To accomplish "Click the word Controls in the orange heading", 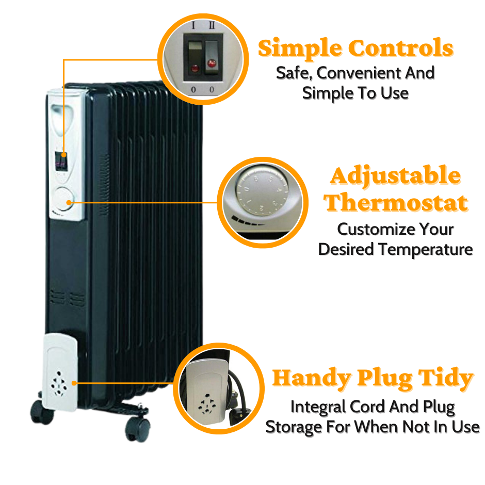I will (x=401, y=48).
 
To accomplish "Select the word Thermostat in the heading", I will (x=396, y=203).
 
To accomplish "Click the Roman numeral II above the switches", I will (x=211, y=25).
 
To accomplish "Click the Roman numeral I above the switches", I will (x=193, y=25).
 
